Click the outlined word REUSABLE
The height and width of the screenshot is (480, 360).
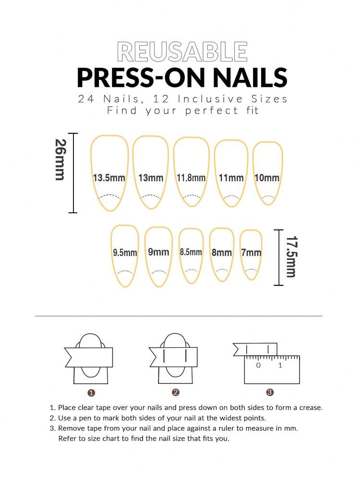point(182,52)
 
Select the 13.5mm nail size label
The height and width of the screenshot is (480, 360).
point(109,178)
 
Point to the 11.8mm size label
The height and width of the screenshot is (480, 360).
point(191,178)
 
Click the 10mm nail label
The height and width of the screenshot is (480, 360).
point(267,178)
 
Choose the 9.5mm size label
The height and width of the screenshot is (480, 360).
point(125,253)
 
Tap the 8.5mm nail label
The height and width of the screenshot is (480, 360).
point(191,252)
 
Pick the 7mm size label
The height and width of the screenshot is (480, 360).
point(251,253)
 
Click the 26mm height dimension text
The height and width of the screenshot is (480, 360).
point(60,160)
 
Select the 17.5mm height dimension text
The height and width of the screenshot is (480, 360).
point(291,257)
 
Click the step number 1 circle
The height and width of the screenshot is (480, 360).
point(91,393)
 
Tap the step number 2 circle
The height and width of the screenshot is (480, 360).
point(175,393)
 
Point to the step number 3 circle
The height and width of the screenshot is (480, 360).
point(270,392)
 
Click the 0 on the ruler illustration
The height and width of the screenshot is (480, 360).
point(258,365)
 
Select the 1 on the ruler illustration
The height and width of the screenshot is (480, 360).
point(280,365)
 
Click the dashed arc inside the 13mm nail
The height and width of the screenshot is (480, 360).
point(151,197)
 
